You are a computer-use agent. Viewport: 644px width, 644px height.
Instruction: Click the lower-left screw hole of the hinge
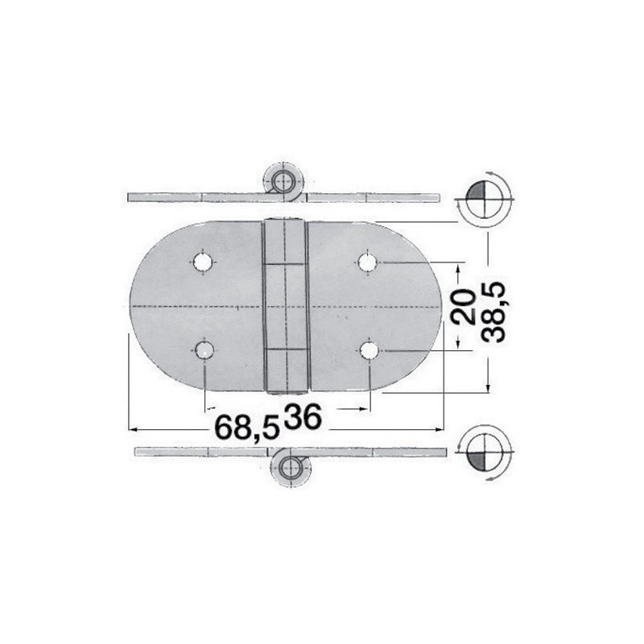pos(204,349)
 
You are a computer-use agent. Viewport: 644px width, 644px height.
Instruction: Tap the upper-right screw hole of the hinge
pos(367,262)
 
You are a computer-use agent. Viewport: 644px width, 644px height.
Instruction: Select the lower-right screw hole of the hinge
pos(369,350)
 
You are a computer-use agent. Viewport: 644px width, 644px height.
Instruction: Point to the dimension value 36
pos(303,417)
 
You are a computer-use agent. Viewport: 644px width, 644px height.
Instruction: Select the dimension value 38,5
pos(493,306)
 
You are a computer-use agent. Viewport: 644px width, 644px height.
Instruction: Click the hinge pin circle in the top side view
pos(283,180)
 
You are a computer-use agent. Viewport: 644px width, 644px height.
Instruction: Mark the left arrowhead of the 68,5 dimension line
pos(134,428)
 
